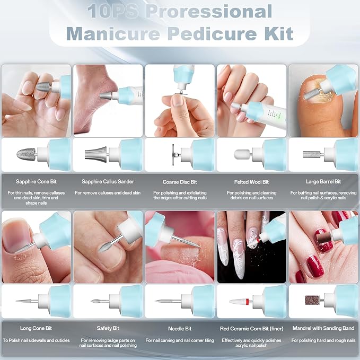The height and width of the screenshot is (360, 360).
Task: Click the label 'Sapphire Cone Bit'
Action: click(x=36, y=182)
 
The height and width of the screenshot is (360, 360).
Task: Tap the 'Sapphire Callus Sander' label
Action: click(x=108, y=182)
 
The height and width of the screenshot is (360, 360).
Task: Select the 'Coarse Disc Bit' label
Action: click(x=180, y=182)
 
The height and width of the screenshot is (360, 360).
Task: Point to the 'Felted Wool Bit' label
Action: click(x=251, y=182)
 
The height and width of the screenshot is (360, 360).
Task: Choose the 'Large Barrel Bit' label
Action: click(x=323, y=182)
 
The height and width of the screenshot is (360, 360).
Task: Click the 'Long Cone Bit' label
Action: click(x=36, y=328)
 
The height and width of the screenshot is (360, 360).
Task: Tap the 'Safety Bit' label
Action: click(x=108, y=328)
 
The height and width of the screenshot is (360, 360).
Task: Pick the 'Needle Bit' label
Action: click(x=180, y=329)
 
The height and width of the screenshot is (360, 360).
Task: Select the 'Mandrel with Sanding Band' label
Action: click(x=323, y=328)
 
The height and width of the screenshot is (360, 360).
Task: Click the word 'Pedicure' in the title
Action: click(x=213, y=34)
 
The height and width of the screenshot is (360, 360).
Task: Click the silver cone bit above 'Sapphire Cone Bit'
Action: click(x=26, y=154)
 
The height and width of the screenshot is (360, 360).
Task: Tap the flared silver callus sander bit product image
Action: click(x=96, y=154)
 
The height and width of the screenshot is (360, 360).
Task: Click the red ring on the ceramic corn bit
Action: click(x=247, y=301)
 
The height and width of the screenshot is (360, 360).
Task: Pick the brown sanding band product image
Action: click(x=312, y=300)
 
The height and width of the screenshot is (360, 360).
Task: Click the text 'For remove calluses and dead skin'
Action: click(x=108, y=193)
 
